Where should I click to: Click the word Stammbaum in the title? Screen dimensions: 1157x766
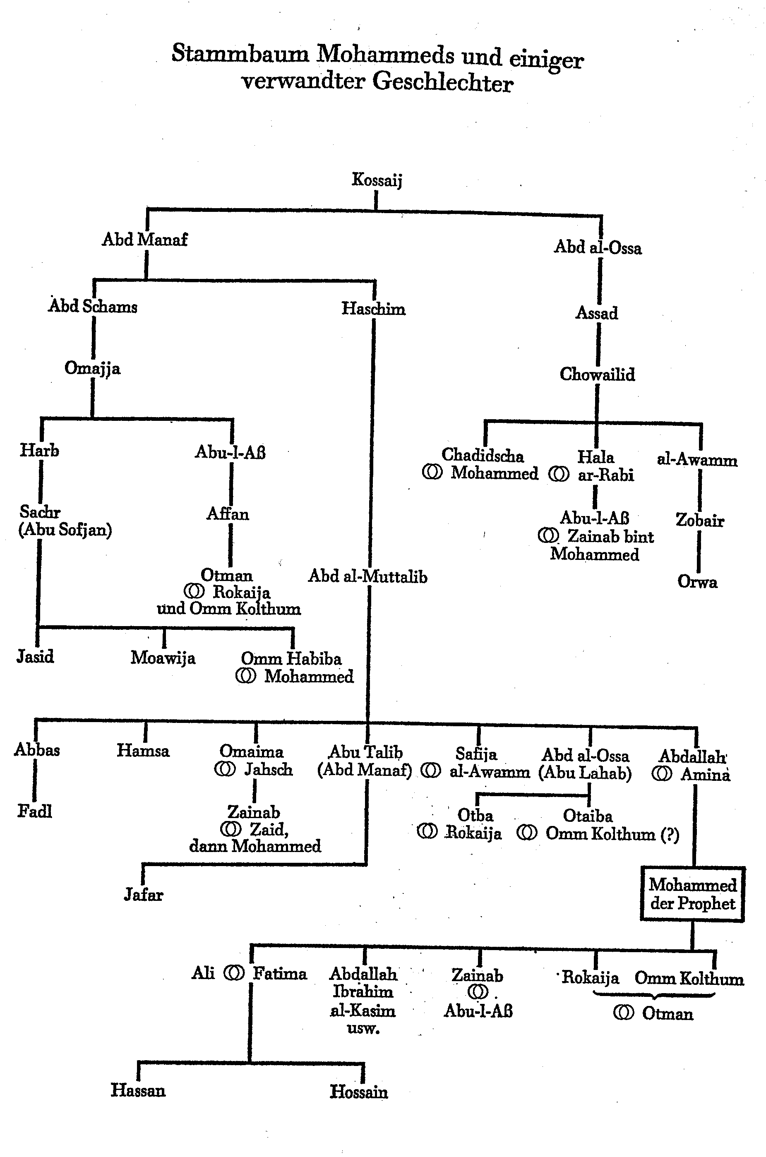coord(240,54)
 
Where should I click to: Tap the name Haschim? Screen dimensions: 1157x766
coord(373,309)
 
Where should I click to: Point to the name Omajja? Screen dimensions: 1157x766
coord(92,368)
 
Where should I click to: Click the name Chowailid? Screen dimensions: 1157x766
coord(597,374)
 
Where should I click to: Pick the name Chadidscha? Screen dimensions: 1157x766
coord(482,455)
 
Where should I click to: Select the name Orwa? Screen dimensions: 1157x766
coord(697,582)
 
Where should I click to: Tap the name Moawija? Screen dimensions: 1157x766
coord(163,658)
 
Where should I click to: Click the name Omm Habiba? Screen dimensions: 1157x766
coord(291,659)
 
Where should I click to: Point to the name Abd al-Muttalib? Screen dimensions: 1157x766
coord(367,577)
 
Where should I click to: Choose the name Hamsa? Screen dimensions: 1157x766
coord(143,751)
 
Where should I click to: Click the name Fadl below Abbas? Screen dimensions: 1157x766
coord(35,811)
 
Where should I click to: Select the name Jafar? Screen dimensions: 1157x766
coord(143,895)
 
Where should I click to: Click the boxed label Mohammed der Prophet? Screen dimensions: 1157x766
coord(692,894)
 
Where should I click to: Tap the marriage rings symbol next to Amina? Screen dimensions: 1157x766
coord(662,775)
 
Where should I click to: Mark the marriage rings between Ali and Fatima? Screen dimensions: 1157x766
coord(233,973)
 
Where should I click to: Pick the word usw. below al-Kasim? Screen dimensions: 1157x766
coord(363,1029)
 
